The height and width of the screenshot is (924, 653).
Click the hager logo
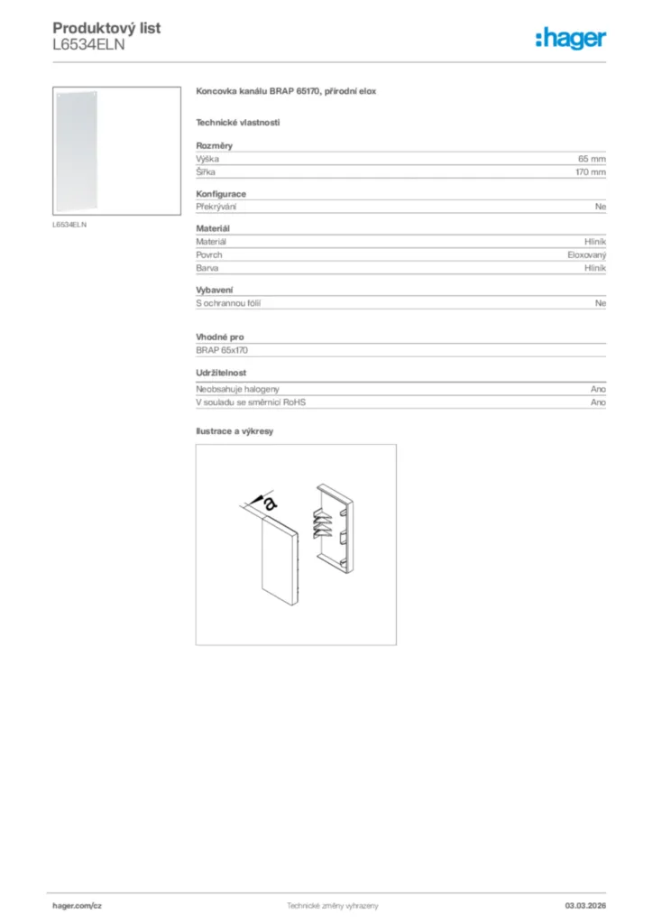[570, 38]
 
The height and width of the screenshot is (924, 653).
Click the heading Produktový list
[106, 28]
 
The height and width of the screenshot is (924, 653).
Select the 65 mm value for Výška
[592, 159]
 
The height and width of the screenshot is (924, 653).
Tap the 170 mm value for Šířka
[591, 171]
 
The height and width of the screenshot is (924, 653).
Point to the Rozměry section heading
[215, 145]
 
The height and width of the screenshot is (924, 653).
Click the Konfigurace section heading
[221, 194]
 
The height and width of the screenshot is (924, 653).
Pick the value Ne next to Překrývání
[601, 207]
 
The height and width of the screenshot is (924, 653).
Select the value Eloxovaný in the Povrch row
[586, 255]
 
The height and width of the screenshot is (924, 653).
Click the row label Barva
[207, 268]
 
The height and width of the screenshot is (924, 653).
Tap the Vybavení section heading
[215, 291]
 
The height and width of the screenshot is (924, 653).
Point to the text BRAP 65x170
[221, 349]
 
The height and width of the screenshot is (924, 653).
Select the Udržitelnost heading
[221, 373]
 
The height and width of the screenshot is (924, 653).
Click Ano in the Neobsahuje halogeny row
[598, 389]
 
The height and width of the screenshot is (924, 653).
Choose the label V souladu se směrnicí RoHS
[251, 402]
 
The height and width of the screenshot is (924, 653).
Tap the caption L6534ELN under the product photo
[69, 225]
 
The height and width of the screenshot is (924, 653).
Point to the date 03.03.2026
[584, 905]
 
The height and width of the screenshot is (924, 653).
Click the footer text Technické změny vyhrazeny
[332, 905]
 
